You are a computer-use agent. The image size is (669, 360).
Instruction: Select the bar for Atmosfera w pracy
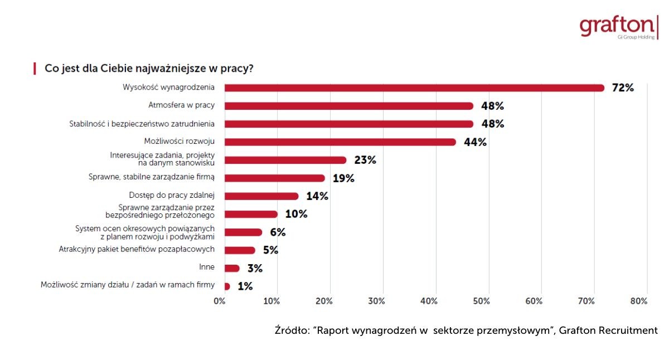point(348,106)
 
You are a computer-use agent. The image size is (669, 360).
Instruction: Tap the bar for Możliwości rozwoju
point(340,142)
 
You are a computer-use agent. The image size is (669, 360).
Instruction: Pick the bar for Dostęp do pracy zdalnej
point(261,196)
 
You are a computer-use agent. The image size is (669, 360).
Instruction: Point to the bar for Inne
point(231,268)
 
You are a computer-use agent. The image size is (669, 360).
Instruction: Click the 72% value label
point(623,87)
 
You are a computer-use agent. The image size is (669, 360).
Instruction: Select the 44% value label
point(475,142)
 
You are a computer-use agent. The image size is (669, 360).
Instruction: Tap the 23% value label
point(365,160)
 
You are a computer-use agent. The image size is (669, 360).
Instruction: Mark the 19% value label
point(343,178)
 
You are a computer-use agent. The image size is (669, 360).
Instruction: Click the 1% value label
point(245,286)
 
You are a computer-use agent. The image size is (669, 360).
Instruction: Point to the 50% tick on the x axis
point(481,301)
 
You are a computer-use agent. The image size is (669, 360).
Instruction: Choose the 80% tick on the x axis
point(638,301)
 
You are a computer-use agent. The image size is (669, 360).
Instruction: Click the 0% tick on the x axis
point(220,301)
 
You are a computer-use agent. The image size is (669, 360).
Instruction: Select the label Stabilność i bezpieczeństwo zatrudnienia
point(146,124)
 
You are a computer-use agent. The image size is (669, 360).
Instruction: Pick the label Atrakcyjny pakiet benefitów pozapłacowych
point(137,249)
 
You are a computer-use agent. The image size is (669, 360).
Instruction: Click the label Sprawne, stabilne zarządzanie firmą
point(152,177)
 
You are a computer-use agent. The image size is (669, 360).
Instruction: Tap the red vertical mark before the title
point(35,69)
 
